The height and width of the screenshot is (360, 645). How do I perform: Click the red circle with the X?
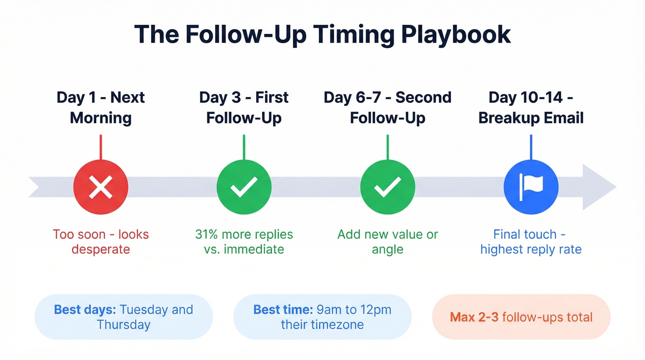100,187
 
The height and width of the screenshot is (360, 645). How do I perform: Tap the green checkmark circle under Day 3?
244,187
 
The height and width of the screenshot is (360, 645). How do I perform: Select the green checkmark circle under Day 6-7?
387,187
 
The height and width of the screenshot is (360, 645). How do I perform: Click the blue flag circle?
531,187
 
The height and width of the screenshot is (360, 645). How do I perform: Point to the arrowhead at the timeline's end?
598,187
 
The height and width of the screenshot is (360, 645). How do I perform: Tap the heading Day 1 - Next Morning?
100,107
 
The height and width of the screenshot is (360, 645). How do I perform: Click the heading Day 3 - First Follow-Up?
244,107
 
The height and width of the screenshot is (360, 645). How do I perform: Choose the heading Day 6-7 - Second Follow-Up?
387,107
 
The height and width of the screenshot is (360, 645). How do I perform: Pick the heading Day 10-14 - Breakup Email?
531,107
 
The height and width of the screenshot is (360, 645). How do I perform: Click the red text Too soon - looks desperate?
100,242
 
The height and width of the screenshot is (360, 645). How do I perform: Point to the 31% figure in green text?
206,234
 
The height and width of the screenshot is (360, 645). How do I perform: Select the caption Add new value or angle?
387,242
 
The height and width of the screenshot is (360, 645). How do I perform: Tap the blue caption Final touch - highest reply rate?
531,242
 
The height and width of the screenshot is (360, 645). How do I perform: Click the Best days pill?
123,317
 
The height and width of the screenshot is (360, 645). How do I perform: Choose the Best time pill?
322,317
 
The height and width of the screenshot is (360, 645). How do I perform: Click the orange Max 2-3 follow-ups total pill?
521,317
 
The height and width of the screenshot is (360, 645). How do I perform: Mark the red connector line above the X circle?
100,147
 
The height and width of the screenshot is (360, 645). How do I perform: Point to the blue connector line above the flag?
531,147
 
